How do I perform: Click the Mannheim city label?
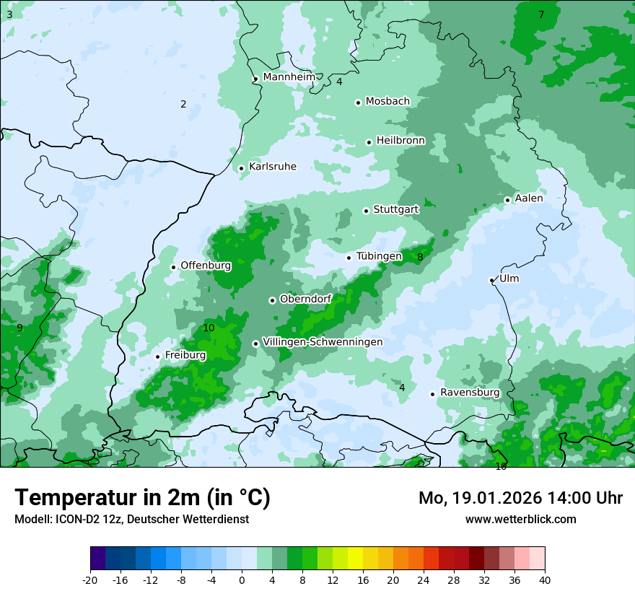(289, 77)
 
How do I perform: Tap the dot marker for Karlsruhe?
(242, 168)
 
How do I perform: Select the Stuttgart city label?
(395, 209)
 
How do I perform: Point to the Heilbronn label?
(400, 140)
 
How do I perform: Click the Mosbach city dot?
(358, 102)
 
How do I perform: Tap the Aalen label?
(529, 198)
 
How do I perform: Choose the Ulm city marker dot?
(492, 280)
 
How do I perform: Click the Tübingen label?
(379, 256)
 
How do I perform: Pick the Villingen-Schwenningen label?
(323, 342)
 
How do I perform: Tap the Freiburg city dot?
(157, 357)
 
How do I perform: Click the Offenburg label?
(206, 266)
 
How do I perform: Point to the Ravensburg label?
(470, 393)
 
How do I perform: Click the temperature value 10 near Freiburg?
(209, 328)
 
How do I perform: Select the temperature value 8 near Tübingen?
(420, 257)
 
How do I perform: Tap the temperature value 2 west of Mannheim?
(183, 104)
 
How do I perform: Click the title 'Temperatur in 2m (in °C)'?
(142, 498)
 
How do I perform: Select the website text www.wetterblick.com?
(520, 520)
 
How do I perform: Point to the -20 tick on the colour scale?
(90, 580)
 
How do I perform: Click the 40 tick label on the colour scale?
(545, 580)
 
